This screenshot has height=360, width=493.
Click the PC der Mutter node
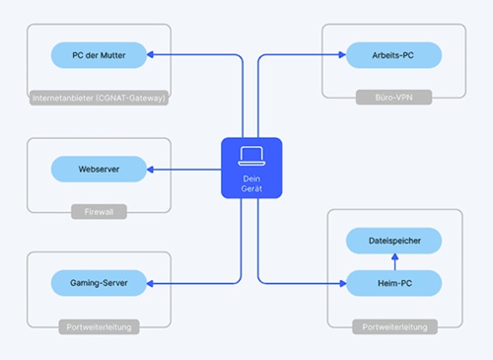99,55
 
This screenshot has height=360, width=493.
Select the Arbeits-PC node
393,55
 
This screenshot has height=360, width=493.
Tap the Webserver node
99,169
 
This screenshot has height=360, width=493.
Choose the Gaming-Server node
99,284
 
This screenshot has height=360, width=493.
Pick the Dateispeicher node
393,241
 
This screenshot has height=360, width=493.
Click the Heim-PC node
393,284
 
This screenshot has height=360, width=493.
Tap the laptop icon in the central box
250,155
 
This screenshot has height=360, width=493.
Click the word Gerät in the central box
250,186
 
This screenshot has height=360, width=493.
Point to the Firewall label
99,211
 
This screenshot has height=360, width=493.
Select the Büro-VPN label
393,98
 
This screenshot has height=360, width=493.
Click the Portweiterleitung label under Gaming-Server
99,326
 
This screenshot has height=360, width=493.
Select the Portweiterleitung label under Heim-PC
393,326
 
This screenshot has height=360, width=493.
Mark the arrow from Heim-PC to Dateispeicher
393,262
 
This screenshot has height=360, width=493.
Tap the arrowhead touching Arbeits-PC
341,55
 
